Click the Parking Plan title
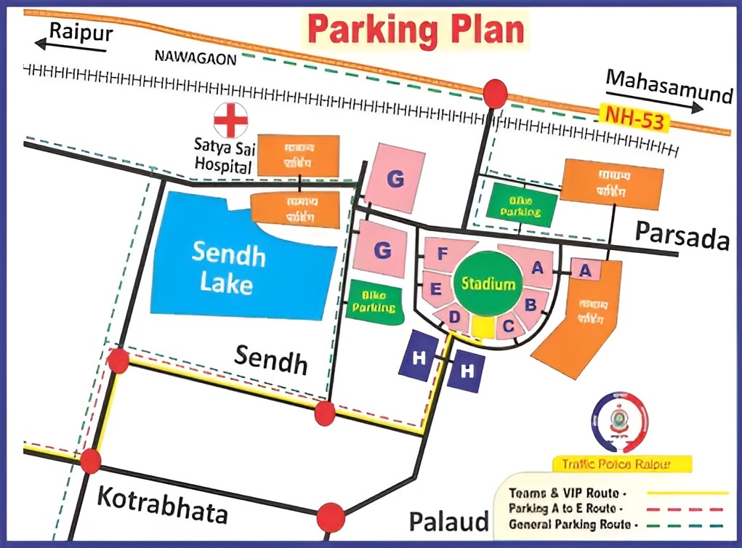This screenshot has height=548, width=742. [415, 31]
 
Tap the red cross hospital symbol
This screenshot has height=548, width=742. [230, 120]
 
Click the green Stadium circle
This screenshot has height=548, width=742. [488, 283]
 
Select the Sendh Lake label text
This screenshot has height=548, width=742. [228, 268]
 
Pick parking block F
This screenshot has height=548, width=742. [442, 254]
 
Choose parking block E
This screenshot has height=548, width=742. [436, 289]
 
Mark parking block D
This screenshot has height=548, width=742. [454, 317]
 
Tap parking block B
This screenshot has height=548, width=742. [531, 302]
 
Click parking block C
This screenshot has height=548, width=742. [509, 325]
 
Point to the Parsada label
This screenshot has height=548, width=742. [682, 235]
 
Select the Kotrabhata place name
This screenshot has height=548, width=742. [161, 506]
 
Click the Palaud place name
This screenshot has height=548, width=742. [448, 521]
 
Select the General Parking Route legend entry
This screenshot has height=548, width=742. [573, 523]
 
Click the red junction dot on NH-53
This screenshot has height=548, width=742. [496, 93]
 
